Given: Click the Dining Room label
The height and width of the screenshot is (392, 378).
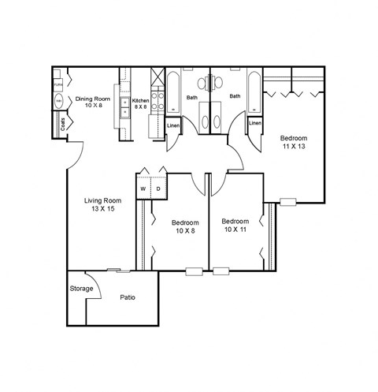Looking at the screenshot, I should (x=89, y=99).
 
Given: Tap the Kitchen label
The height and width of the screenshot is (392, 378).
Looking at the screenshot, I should (x=141, y=100).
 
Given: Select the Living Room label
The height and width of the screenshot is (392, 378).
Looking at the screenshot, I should (x=101, y=200).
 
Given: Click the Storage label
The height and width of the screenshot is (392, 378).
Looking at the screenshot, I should (x=81, y=289).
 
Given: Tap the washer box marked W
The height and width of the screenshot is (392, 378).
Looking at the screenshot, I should (x=144, y=189).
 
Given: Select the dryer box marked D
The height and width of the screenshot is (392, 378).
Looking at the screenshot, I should (x=157, y=189).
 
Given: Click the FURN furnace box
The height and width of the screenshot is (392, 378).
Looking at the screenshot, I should (x=58, y=83).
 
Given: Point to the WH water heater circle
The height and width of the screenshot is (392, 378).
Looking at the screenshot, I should (x=58, y=102).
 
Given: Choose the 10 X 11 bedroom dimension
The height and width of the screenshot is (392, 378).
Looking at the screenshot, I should (x=235, y=230).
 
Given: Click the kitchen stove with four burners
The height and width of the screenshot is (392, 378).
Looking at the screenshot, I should (x=155, y=100).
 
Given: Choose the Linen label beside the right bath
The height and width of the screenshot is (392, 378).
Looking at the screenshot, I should (x=254, y=123).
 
